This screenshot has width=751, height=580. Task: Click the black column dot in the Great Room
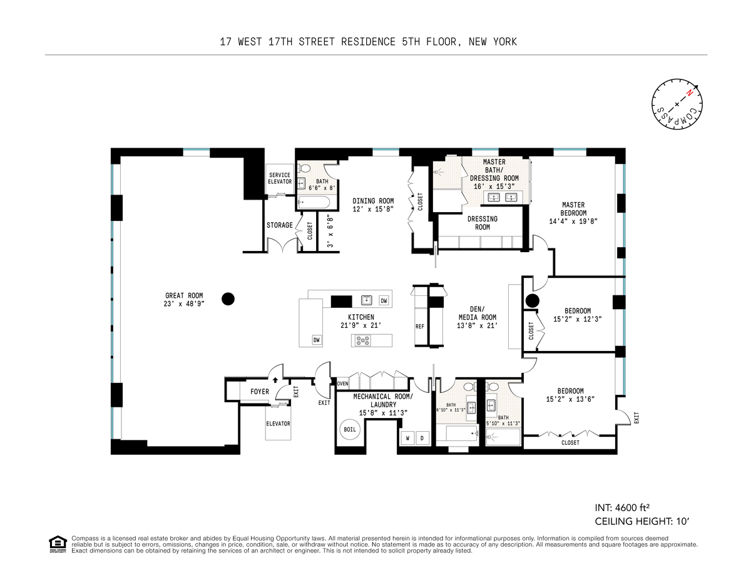pos(228,299)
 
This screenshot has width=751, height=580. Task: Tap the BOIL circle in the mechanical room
pos(350,429)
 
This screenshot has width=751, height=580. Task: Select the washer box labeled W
pos(408,439)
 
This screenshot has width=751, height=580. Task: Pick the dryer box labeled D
pos(422,439)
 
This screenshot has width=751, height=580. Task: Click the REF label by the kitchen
pos(420,327)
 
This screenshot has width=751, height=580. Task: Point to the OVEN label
pos(342,384)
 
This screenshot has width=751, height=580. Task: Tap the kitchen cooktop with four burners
pos(363,340)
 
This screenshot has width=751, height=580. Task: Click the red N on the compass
pos(690,93)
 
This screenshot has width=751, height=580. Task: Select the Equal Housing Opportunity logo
pos(58,544)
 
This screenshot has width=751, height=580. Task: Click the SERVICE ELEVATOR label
pos(280,178)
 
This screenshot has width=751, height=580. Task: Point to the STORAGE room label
pos(280,225)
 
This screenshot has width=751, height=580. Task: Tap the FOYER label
pos(260,392)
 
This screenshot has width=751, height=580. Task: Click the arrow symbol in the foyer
pos(275,380)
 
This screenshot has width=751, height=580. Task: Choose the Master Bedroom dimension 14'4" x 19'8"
pos(573,221)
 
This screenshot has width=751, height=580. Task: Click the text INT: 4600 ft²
pos(622,508)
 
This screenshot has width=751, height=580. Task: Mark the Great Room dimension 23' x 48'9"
pos(184,303)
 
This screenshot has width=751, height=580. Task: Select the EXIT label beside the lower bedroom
pos(636,418)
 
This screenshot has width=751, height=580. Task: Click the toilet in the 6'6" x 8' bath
pos(305,168)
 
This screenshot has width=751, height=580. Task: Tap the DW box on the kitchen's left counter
pos(317,340)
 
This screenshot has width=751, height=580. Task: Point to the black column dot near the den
pos(532,300)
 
